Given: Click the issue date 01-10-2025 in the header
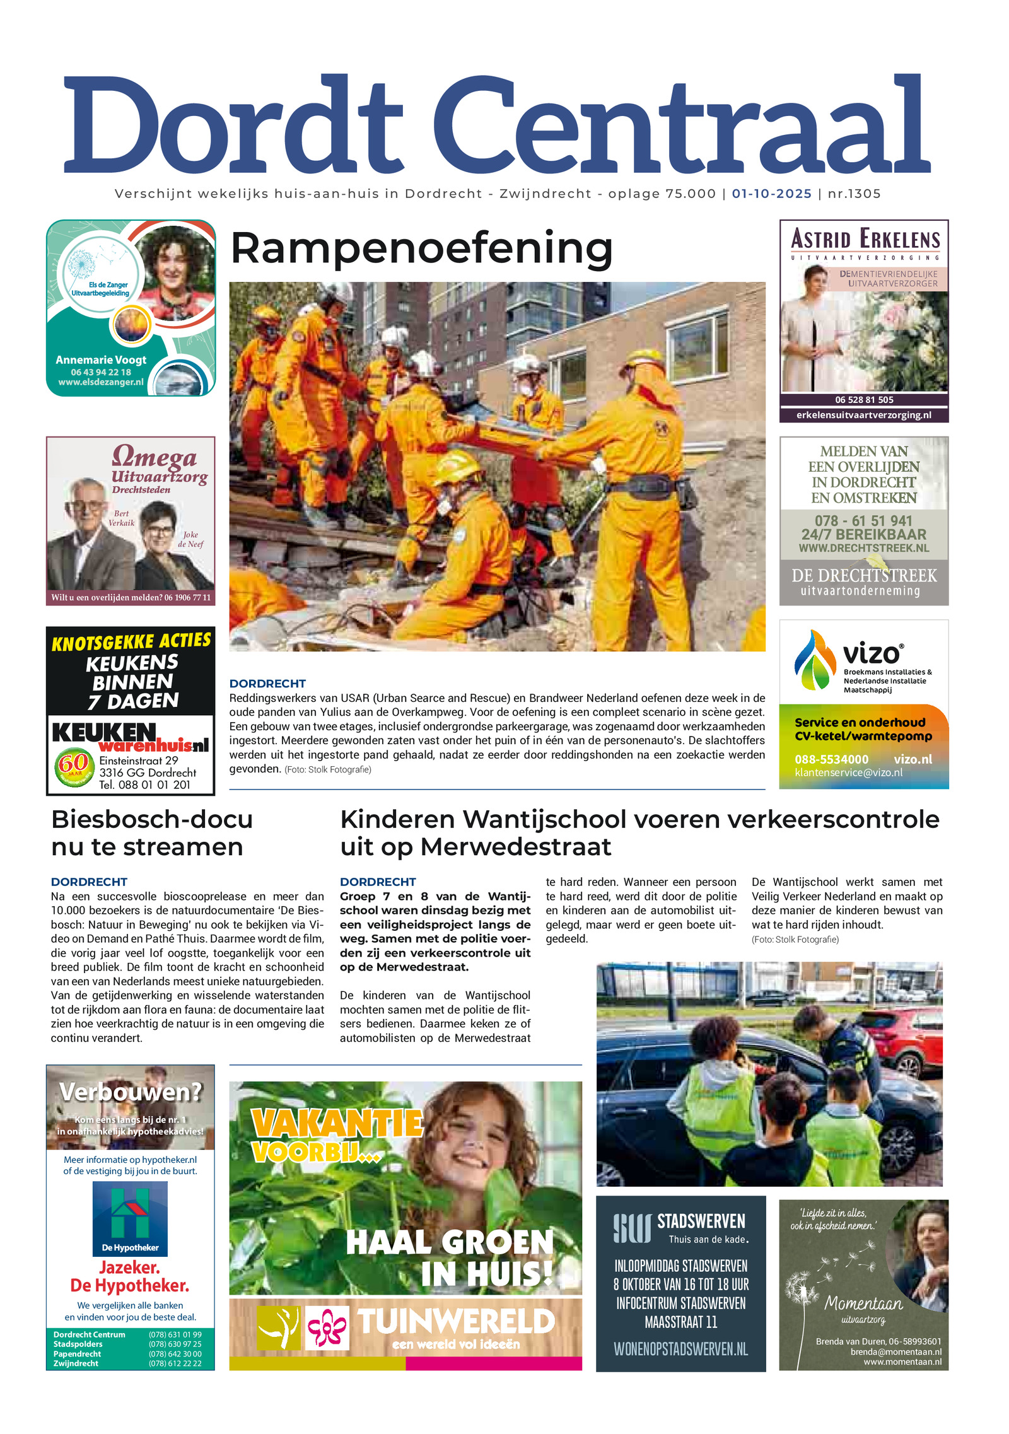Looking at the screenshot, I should pos(771,194).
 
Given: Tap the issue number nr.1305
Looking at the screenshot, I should pos(854,194).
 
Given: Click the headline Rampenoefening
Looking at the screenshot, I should pos(421,248).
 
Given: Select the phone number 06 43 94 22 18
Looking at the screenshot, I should pos(101,372).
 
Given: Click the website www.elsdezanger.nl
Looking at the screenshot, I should pos(101,382).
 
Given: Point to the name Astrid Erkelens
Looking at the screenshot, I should pos(865,240).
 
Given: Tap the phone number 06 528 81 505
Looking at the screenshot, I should pos(864,400).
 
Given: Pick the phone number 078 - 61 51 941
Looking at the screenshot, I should pos(863,521).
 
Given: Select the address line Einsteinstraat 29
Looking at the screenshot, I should pos(139,761).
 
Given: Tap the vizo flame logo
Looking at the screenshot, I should pos(814,660).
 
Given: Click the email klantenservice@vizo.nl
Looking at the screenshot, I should pos(848,773).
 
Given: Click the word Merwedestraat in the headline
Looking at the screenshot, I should pos(515,847).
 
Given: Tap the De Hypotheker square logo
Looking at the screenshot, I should pos(130,1218).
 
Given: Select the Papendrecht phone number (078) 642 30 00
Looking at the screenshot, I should pos(175,1354).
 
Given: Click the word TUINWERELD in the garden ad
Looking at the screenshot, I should pos(457,1321).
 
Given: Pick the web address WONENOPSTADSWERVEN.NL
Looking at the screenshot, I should pos(680,1349).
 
